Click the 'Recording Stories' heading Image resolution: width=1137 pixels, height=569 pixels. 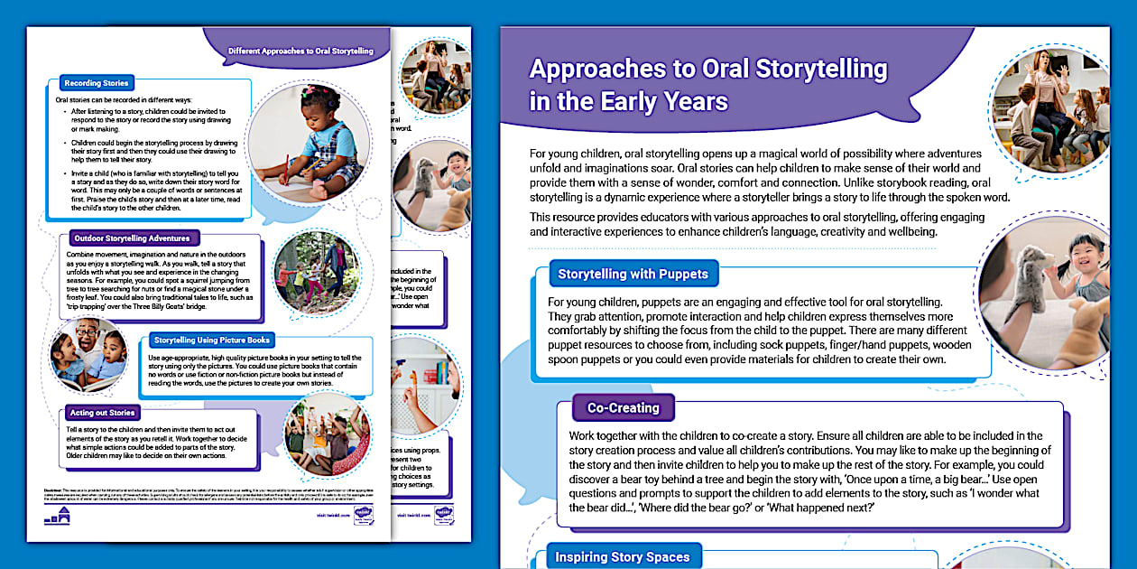[x=96, y=83]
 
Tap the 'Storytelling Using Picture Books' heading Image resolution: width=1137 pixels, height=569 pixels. [x=212, y=340]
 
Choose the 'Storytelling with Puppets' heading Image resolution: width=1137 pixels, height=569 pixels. [x=633, y=274]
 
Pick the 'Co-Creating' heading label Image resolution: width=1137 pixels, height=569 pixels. [x=623, y=408]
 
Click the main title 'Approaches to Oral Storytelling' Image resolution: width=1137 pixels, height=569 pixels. [x=707, y=70]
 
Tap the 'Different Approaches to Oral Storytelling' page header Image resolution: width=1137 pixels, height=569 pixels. [x=300, y=51]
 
